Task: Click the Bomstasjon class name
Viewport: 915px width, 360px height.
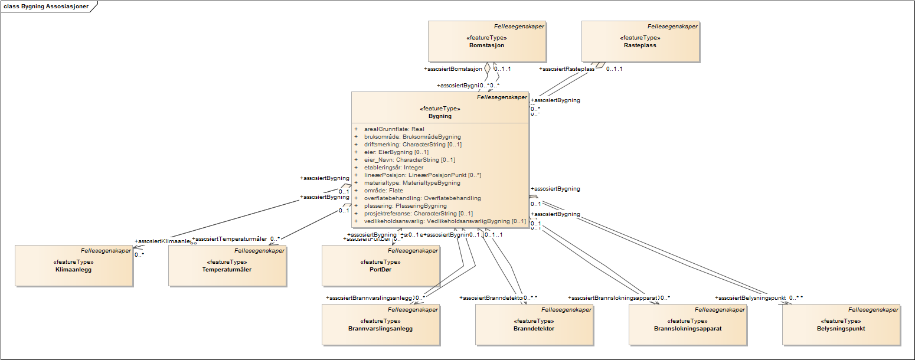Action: [x=486, y=45]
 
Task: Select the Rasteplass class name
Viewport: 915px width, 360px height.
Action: [x=640, y=45]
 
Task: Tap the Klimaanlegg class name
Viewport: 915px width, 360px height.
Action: [x=73, y=269]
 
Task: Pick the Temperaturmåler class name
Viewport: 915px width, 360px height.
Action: [x=227, y=269]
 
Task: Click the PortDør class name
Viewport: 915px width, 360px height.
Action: [x=380, y=269]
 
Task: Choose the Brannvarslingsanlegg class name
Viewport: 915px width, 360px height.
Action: [x=380, y=328]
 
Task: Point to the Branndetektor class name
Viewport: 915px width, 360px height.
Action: [x=534, y=328]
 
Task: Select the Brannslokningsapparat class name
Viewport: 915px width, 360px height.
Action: [x=688, y=328]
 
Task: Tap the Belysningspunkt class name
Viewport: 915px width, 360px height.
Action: [x=841, y=328]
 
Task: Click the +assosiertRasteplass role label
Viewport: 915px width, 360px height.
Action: [x=567, y=68]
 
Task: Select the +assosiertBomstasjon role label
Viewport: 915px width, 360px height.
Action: [x=453, y=68]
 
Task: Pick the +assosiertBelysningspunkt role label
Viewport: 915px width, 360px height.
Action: [x=750, y=298]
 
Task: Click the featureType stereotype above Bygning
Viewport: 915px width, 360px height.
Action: [x=440, y=109]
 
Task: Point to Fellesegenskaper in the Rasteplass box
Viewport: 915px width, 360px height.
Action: [x=672, y=26]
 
